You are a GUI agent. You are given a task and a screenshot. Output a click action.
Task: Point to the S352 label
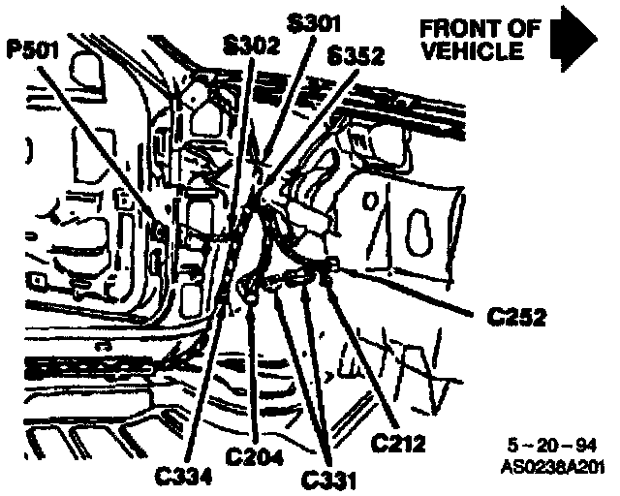coord(355,54)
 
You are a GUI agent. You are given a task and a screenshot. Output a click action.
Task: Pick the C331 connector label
coord(329,479)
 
